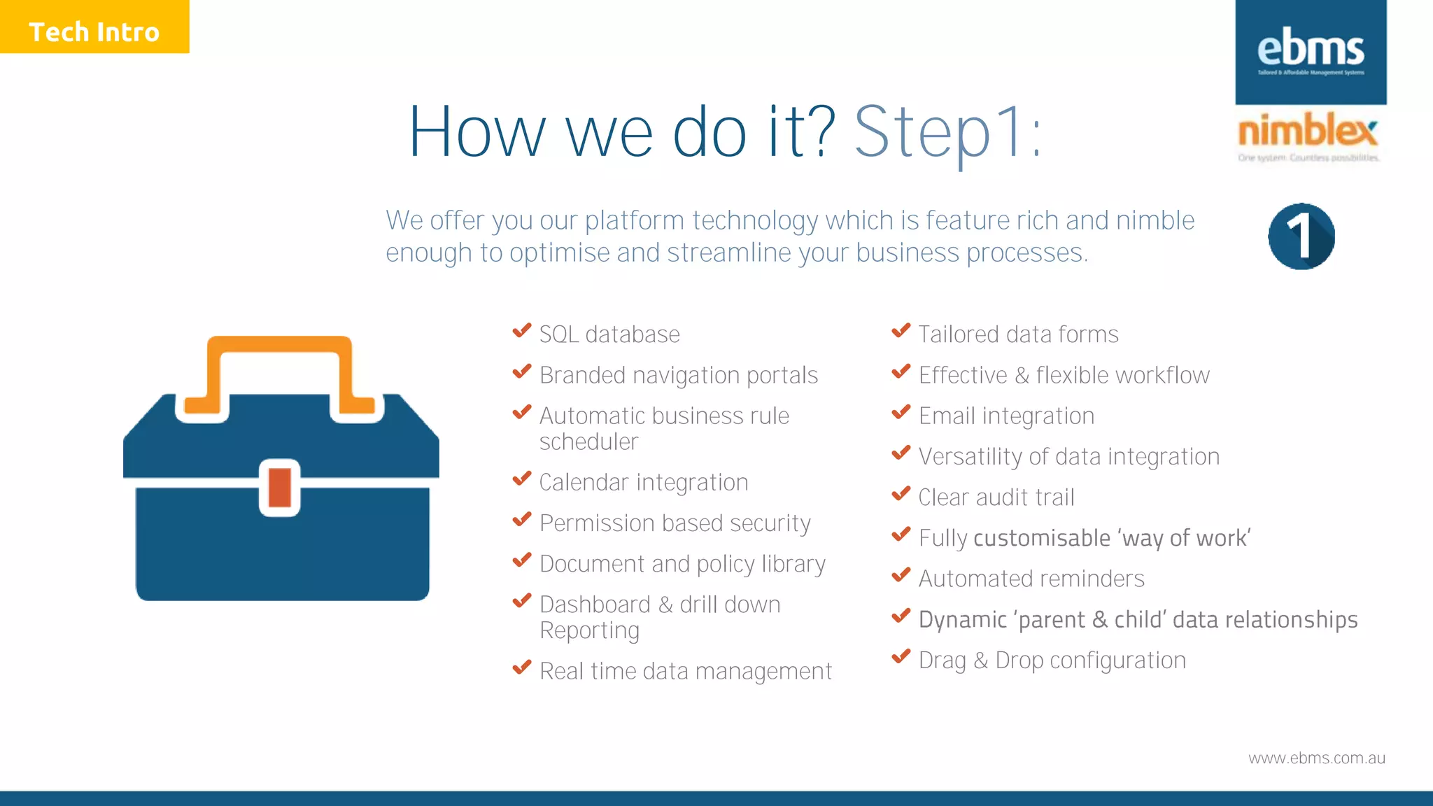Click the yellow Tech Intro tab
pos(94,27)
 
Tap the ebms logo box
pos(1311,52)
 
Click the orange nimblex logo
pos(1307,132)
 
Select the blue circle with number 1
pos(1301,236)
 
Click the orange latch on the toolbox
pos(280,488)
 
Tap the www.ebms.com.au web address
pos(1316,758)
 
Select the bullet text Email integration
pos(1006,416)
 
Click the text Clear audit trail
pos(996,497)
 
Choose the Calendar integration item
pos(644,483)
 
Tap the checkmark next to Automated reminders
pos(901,576)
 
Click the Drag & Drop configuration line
pos(1052,660)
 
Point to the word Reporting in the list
pos(589,631)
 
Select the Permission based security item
pos(675,523)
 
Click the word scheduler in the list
pos(588,442)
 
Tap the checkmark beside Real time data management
pos(522,668)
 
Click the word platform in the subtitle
pos(634,221)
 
